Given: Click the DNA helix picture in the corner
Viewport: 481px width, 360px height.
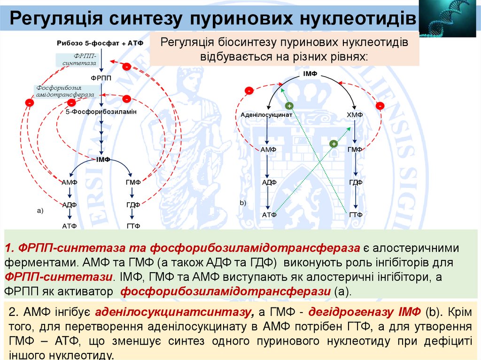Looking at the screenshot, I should coord(450,18).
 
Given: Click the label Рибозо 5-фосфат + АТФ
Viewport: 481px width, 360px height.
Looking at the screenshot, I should coord(100,43).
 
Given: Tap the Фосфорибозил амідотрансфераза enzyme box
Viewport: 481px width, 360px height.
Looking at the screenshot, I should coord(65,91).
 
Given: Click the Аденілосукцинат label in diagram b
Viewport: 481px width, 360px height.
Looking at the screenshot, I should coord(266,115).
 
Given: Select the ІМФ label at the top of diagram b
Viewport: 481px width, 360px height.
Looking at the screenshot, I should coord(310,74).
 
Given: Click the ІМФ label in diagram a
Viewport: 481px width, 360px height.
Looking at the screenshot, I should coord(103,160).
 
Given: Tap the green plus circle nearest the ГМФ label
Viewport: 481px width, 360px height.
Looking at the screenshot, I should coord(334,144).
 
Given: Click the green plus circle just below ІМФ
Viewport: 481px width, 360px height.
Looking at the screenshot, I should coord(289,106).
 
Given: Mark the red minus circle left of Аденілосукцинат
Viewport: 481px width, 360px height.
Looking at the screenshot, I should coord(249,90).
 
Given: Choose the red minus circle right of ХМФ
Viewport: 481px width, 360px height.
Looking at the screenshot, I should coord(380,106).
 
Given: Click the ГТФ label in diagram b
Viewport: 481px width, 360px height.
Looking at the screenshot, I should coord(355,214).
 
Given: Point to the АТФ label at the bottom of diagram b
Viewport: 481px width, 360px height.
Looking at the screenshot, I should coord(269,214).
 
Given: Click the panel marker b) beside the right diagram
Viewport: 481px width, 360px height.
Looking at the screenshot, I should coord(243,203).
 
